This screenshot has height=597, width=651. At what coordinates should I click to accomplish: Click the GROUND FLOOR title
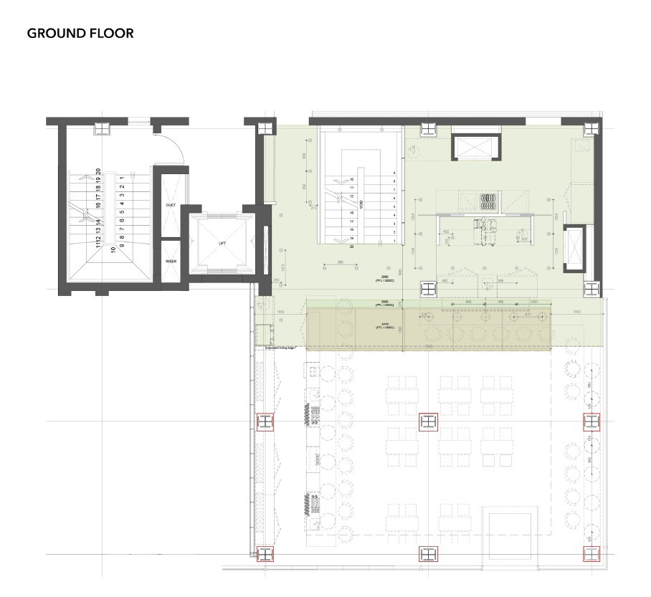coord(80,33)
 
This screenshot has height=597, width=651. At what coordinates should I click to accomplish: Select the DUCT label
coord(171,205)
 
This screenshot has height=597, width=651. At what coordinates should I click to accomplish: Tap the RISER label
coord(171,262)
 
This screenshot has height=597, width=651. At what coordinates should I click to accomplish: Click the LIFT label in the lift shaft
coord(222,244)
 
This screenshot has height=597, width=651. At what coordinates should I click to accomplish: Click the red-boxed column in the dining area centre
coord(428,423)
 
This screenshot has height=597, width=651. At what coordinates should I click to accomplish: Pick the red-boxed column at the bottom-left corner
coord(265,553)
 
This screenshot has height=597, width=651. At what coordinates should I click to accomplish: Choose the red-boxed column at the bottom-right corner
coord(591,553)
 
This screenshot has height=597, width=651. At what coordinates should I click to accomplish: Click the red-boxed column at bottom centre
coord(428,553)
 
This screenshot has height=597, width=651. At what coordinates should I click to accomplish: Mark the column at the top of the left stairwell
coord(101,128)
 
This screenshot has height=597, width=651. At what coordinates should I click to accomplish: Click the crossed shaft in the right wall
coord(574,247)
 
